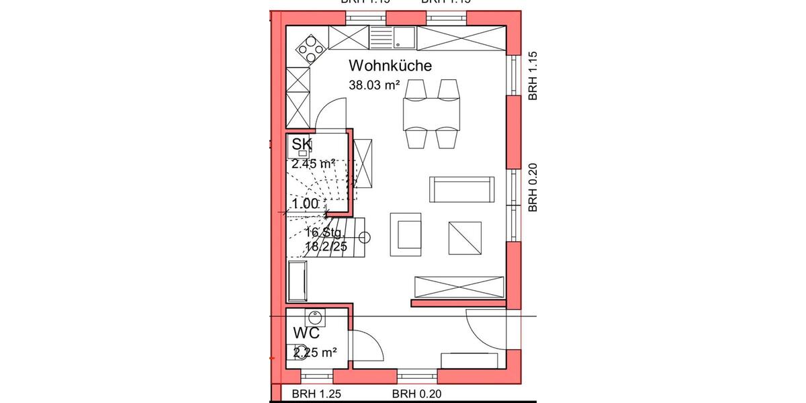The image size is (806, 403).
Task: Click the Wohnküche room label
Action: point(390,66)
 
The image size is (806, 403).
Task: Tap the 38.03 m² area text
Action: point(374,85)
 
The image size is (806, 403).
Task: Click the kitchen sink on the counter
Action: point(404,36)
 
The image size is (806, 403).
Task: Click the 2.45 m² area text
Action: point(314,163)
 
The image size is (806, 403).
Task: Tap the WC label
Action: point(306,333)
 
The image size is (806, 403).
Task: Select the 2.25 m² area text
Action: point(314,351)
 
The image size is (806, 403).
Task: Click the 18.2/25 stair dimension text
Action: point(326,247)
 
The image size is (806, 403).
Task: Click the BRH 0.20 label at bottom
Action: point(416,394)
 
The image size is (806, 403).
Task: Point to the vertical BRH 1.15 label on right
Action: point(533,76)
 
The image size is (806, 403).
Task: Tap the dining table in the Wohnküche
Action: point(432,114)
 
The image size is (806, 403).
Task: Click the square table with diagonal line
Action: point(465,237)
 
